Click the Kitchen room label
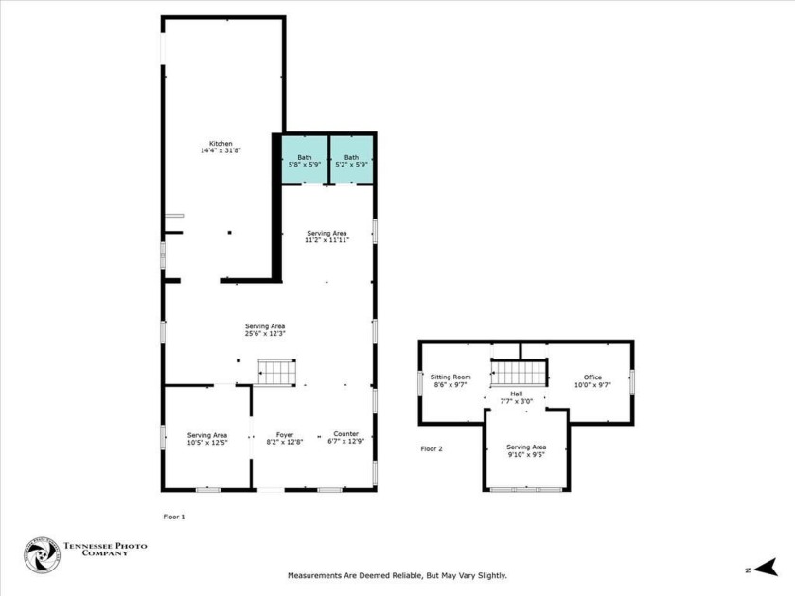(x=221, y=144)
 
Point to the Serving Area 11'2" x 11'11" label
(x=327, y=233)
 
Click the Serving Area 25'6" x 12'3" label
(x=265, y=326)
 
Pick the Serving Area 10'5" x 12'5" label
(x=206, y=435)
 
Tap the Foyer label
(x=285, y=435)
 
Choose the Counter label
(x=345, y=435)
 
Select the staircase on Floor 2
(x=519, y=373)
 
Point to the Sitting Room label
(x=450, y=377)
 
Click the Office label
(x=592, y=377)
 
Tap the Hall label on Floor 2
(x=517, y=394)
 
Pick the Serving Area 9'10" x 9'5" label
(x=526, y=447)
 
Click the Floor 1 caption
(x=175, y=517)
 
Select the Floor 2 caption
(x=432, y=448)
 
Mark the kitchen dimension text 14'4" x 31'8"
(x=221, y=150)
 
